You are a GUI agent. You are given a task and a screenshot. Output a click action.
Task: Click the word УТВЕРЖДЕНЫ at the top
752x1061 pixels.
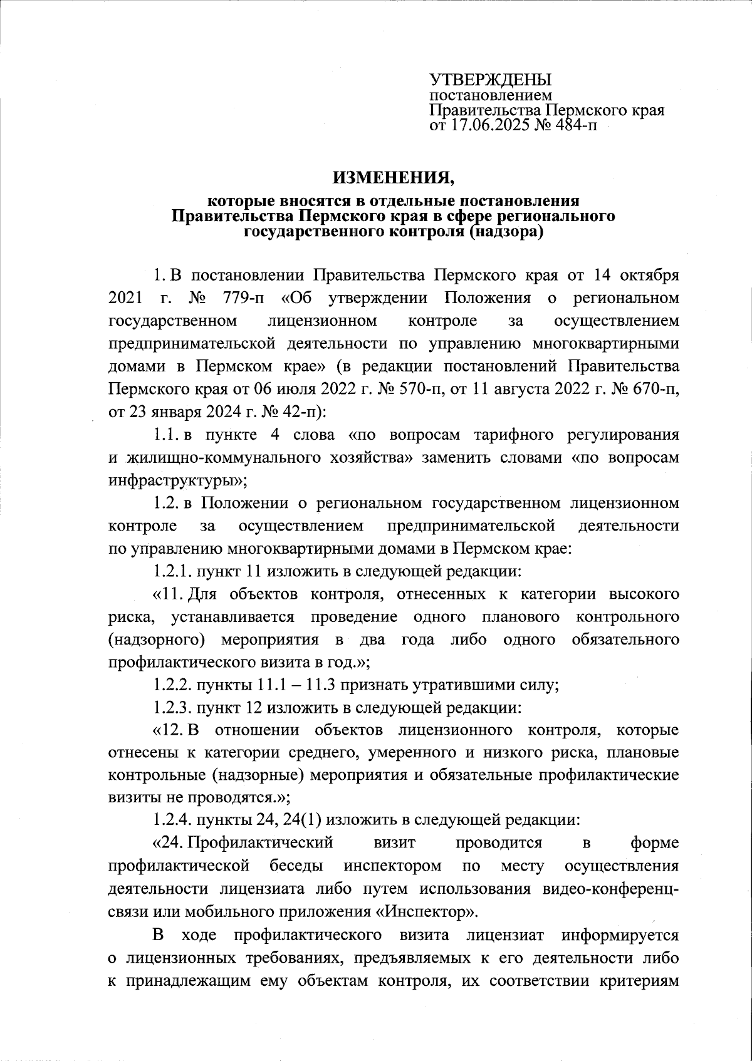pyautogui.click(x=489, y=80)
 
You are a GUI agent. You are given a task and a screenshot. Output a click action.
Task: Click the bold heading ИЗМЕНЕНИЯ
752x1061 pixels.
pyautogui.click(x=394, y=179)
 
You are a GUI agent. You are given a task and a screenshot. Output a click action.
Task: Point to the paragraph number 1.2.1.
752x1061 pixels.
pyautogui.click(x=173, y=571)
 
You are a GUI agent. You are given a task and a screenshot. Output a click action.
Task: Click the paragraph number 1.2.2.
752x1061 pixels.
pyautogui.click(x=173, y=685)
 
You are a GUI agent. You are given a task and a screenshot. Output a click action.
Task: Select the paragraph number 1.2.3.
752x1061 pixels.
pyautogui.click(x=173, y=708)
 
